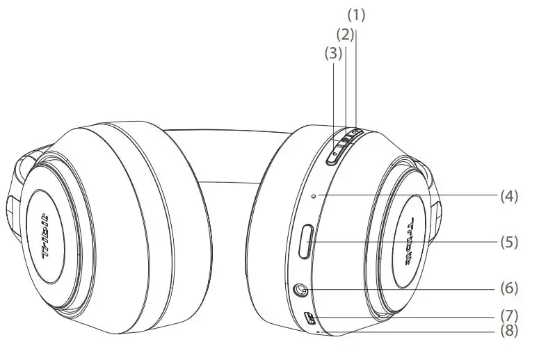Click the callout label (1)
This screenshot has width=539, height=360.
pos(356,14)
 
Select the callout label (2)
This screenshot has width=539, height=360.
pos(346,33)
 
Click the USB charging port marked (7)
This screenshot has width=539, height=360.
pos(310,319)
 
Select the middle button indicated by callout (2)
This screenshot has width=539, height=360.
pos(345,142)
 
